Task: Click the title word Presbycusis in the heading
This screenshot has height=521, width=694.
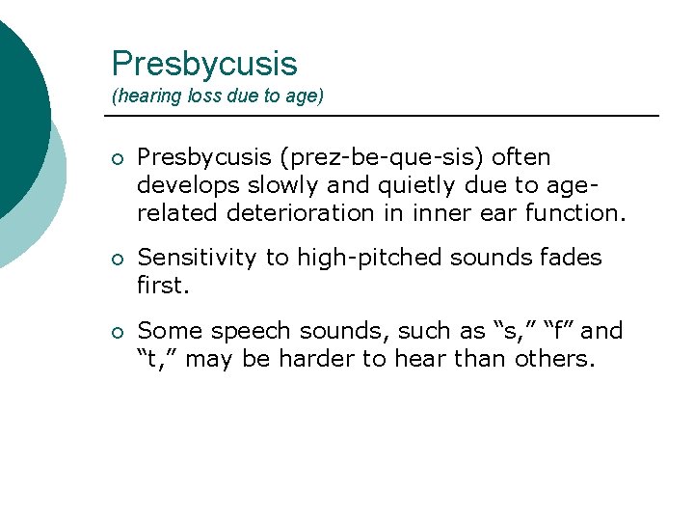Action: coord(204,64)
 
